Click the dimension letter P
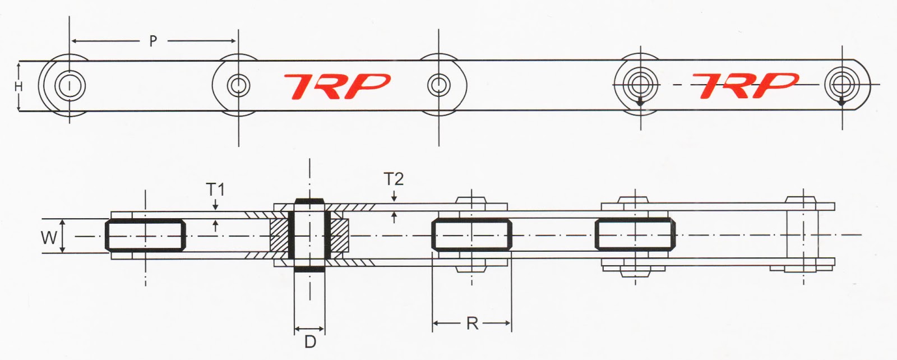152,41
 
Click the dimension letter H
19,87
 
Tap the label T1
215,190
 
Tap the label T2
394,179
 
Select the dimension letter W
49,238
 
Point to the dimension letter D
310,341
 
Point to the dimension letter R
472,324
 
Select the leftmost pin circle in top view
70,86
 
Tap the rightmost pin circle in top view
840,85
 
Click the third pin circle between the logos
438,85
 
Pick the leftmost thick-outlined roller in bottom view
145,235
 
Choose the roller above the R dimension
471,235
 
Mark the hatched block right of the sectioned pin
339,235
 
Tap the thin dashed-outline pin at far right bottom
802,234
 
